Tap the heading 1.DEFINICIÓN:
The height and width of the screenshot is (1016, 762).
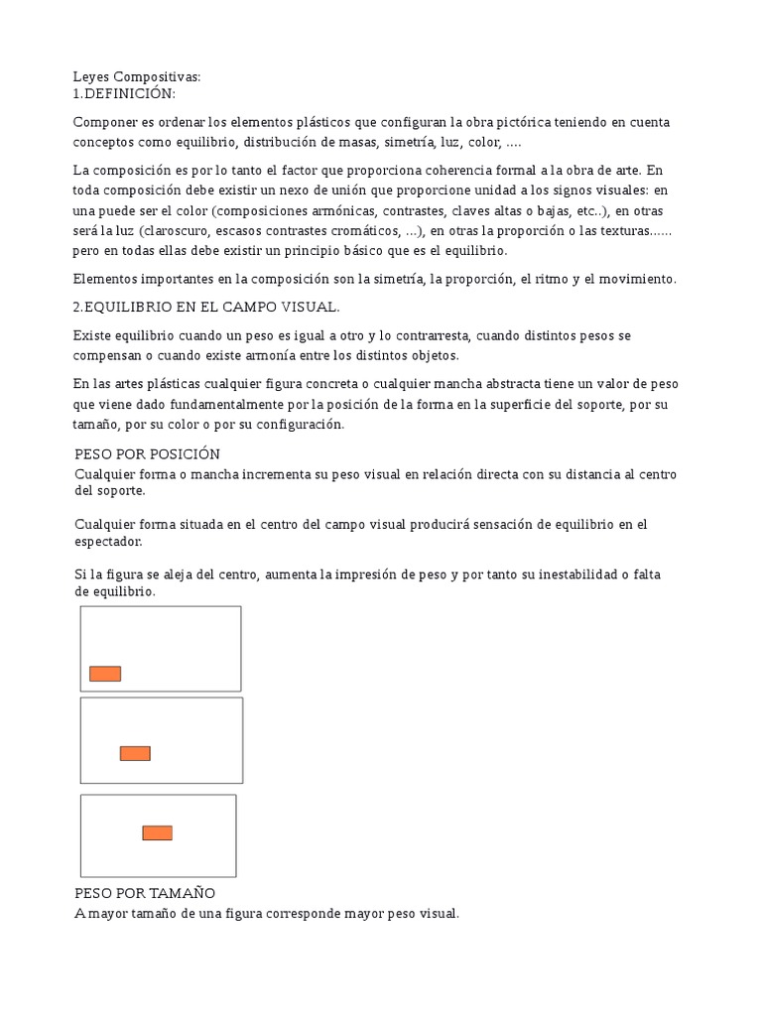[x=124, y=93]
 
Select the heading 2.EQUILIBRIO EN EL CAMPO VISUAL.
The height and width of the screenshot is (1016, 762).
[x=206, y=308]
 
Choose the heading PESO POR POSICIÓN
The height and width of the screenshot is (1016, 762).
[x=147, y=453]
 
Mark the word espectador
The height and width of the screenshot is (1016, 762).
[x=108, y=542]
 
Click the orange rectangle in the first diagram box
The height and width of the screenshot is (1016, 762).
[x=105, y=674]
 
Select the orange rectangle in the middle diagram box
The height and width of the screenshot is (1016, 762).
[x=135, y=753]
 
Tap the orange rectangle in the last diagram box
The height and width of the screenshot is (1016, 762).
[x=157, y=832]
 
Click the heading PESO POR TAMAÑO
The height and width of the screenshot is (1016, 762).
[x=145, y=894]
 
